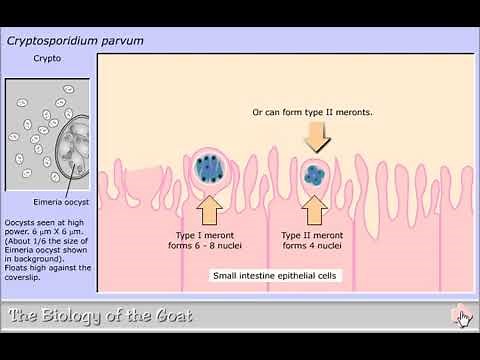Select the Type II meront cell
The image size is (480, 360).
(316, 173)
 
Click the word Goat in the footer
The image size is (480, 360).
(166, 318)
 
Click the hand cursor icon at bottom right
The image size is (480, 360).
(461, 318)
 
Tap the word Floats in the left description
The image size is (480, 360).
(22, 267)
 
